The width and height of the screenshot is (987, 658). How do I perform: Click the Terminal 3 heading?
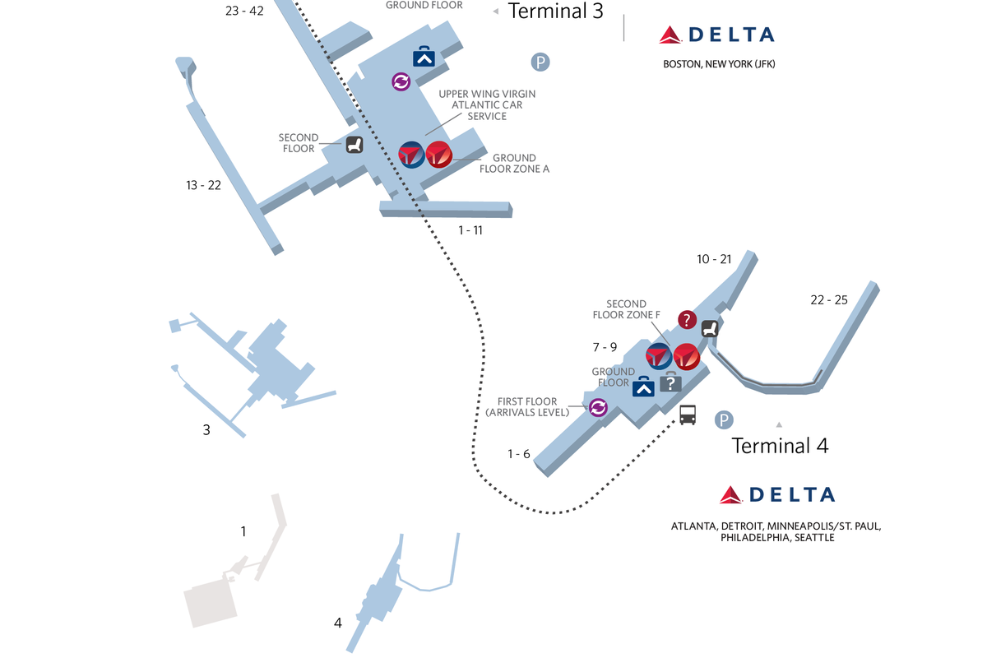[556, 11]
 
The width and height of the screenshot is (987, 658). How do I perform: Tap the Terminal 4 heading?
[780, 445]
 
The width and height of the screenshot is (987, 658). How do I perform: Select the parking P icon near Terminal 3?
[540, 62]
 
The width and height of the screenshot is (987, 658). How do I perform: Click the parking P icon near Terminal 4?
[723, 420]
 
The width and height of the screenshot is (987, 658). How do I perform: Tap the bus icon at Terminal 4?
[688, 415]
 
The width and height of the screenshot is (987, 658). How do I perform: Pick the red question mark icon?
[687, 320]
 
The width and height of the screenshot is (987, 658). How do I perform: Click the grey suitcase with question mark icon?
[670, 383]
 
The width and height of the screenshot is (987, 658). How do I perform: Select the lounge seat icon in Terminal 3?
[354, 145]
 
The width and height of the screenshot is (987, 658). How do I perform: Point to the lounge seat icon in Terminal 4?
[710, 328]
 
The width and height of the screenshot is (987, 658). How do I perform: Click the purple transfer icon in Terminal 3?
[401, 81]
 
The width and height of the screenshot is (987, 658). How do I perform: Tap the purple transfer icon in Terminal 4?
[598, 406]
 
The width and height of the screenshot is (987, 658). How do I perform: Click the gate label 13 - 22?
[203, 185]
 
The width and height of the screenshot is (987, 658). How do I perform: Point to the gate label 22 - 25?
[828, 299]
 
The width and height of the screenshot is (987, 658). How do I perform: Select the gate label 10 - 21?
[714, 259]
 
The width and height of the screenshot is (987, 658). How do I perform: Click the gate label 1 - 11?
[470, 230]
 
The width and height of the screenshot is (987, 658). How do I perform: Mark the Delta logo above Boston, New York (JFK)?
[716, 35]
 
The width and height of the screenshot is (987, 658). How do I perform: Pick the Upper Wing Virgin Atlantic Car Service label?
[480, 105]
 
